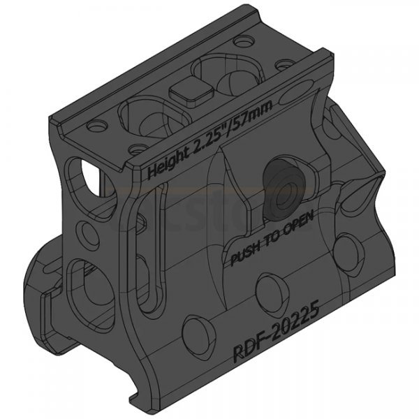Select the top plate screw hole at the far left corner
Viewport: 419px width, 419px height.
click(92, 127)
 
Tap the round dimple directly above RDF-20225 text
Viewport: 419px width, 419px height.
click(269, 287)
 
